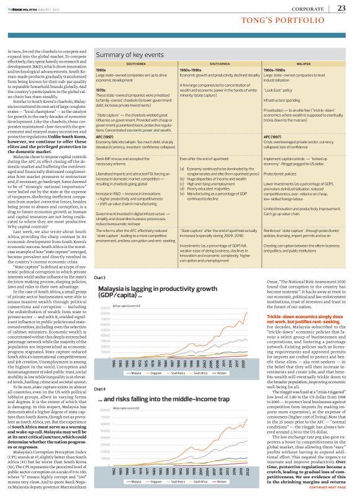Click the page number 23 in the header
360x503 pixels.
(x=341, y=8)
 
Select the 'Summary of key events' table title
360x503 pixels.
(x=129, y=55)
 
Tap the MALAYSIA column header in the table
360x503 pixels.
(x=304, y=64)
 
